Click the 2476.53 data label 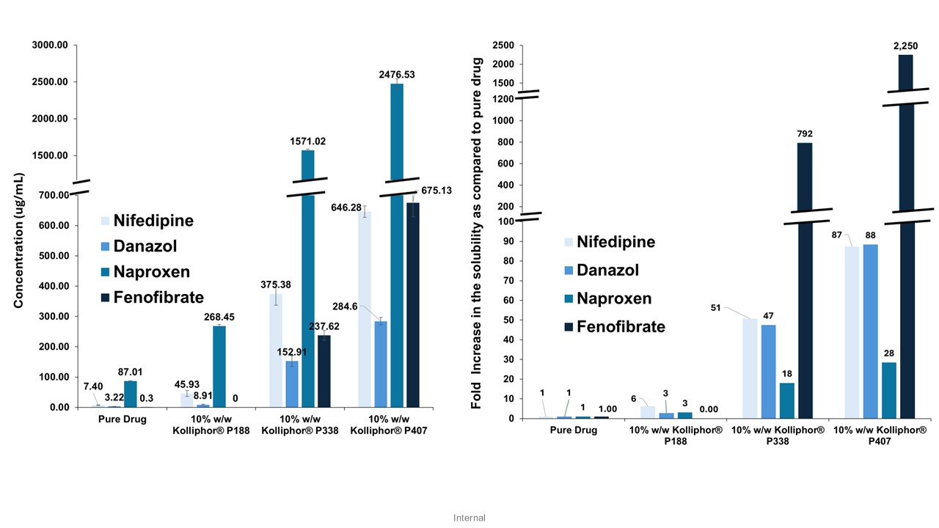click(396, 74)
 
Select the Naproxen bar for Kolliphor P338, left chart click(307, 293)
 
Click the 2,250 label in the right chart click(906, 46)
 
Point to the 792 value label click(805, 133)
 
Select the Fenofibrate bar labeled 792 click(805, 293)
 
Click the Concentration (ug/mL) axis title click(20, 241)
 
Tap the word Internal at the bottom click(469, 518)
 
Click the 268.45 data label click(219, 318)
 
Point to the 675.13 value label click(436, 190)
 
